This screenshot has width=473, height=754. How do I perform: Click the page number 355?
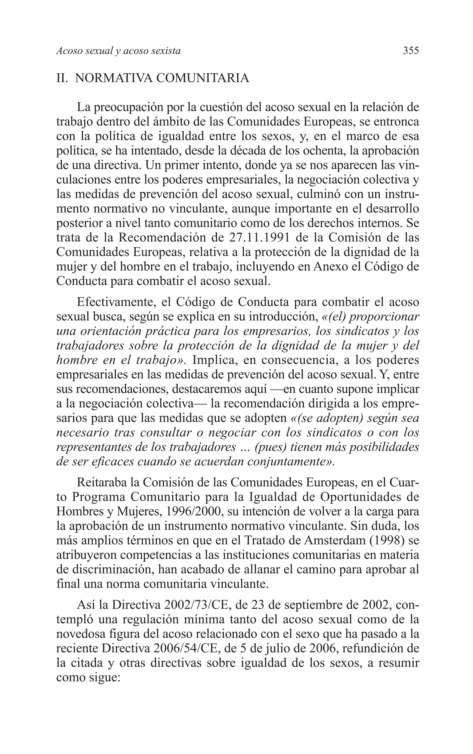(411, 50)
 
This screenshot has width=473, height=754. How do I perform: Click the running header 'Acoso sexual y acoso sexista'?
(118, 51)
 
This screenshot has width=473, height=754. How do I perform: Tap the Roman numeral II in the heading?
(62, 78)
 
